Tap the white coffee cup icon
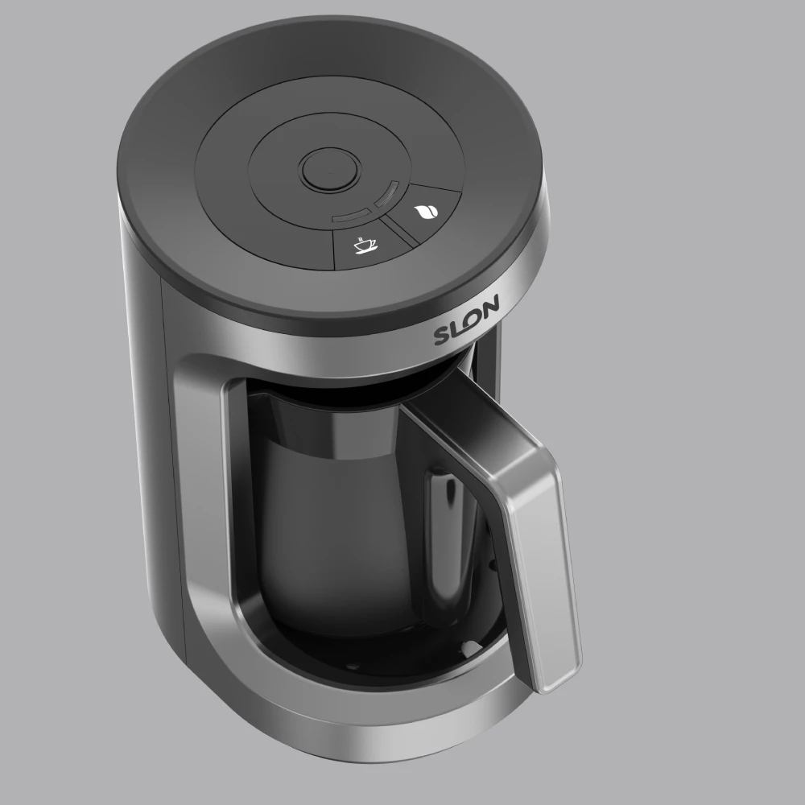point(365,244)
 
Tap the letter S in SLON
point(444,333)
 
